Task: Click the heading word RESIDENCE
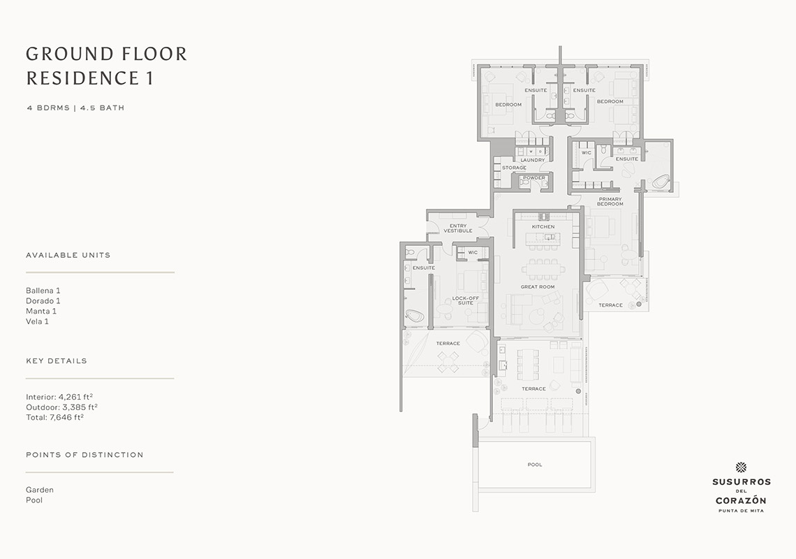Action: click(82, 78)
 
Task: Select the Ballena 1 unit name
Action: click(43, 291)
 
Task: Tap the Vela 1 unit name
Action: click(38, 321)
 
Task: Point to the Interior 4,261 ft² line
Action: click(59, 397)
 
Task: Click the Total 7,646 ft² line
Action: click(55, 417)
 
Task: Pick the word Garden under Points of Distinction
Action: click(40, 490)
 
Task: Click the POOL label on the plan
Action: click(535, 465)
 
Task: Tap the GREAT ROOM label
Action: click(538, 286)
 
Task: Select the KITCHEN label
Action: click(543, 226)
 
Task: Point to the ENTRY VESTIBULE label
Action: click(458, 228)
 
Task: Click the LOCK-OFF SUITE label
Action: click(466, 300)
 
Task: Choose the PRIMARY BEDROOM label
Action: click(610, 202)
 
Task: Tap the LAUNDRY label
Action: click(533, 160)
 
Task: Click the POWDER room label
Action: click(534, 178)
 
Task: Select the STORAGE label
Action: click(514, 168)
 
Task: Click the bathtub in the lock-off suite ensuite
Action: click(415, 317)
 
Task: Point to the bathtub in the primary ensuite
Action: click(661, 182)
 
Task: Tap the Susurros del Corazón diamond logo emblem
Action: click(741, 467)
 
